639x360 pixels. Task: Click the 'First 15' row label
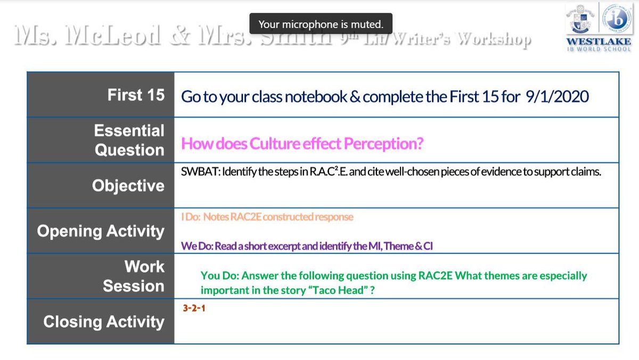[x=136, y=95]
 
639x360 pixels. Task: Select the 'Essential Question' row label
[x=129, y=140]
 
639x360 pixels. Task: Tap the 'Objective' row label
[x=128, y=185]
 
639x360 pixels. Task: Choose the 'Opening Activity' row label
[x=101, y=231]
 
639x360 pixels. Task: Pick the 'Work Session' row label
[x=134, y=276]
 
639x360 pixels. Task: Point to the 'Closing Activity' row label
[x=104, y=322]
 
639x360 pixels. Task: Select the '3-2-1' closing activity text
[x=194, y=308]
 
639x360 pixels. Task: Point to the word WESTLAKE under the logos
[x=598, y=42]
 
